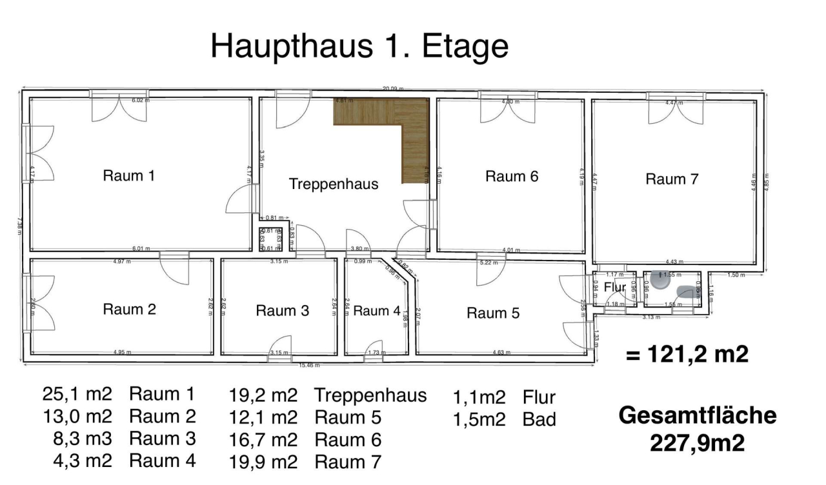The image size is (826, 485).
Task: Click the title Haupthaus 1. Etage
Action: [359, 47]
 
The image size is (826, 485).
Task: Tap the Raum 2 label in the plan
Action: [130, 309]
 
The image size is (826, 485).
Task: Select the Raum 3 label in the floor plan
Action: [283, 310]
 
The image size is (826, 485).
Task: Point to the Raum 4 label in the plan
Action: [376, 310]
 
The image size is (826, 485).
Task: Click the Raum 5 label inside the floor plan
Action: [493, 313]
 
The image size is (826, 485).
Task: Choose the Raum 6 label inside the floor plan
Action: [512, 176]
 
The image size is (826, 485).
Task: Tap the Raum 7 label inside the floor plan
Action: [672, 179]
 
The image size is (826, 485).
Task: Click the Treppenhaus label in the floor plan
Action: [333, 184]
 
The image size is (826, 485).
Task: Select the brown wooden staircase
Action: [413, 139]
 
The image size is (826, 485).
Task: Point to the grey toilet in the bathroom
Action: [660, 279]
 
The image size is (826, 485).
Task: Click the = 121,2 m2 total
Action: [687, 354]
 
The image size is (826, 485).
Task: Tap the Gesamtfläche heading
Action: [698, 416]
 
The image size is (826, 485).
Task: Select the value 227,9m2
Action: [698, 443]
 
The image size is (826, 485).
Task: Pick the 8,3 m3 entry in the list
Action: [83, 439]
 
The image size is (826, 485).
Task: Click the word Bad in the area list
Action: [539, 419]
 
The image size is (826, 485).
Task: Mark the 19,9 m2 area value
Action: [263, 462]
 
